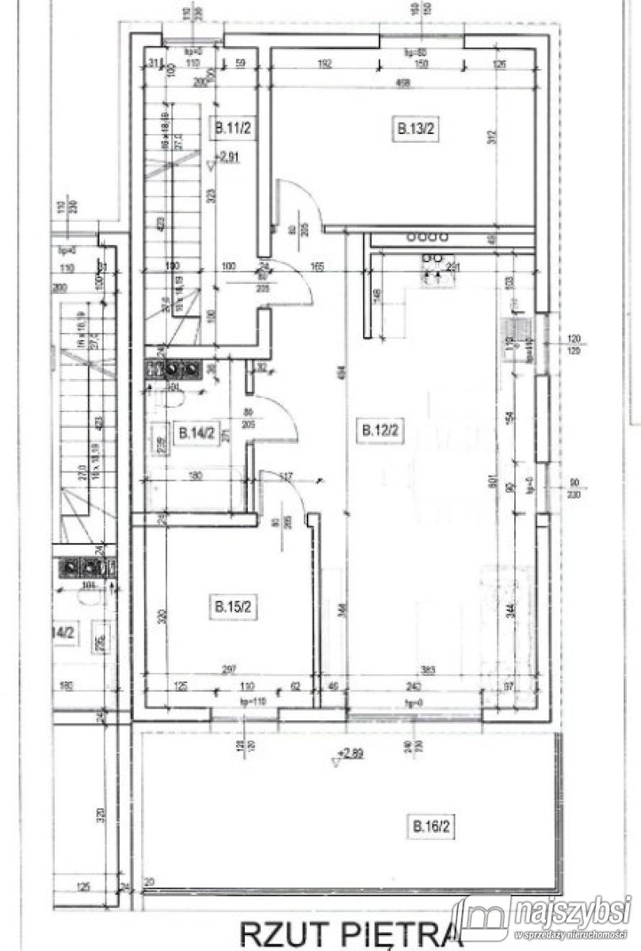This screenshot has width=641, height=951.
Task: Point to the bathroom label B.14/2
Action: pyautogui.click(x=195, y=433)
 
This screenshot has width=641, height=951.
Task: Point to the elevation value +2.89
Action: pyautogui.click(x=353, y=754)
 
